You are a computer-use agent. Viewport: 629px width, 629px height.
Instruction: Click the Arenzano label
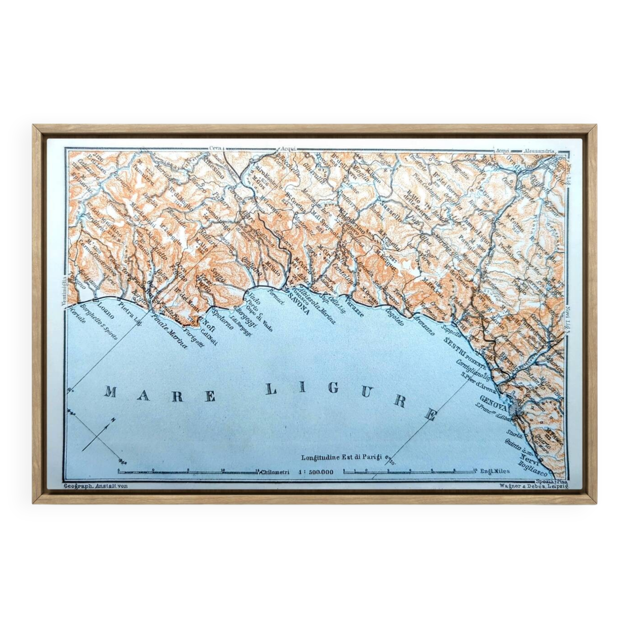[424, 325]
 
